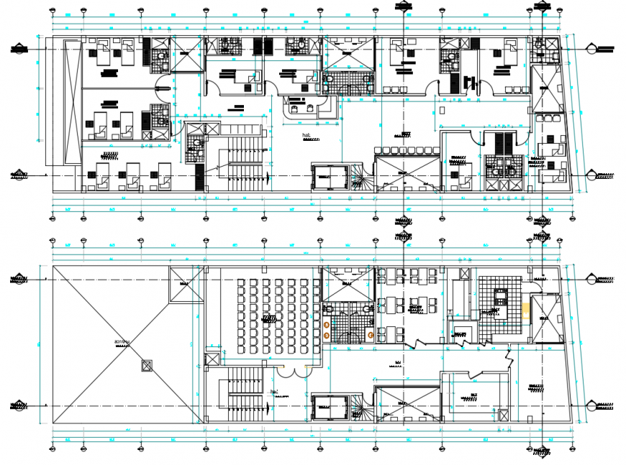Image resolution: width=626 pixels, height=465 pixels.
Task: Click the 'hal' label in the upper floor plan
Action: point(307,134)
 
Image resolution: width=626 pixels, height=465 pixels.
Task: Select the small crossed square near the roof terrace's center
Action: point(147,366)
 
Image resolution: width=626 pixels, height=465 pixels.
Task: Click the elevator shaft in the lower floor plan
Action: point(328,408)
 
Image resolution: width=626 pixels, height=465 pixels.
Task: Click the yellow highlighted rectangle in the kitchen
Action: point(526,310)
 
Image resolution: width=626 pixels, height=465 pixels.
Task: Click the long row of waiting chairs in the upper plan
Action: point(407,149)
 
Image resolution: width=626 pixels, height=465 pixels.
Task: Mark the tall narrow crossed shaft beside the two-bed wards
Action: point(72,102)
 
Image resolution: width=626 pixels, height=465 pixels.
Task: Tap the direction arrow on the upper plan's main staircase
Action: point(269,178)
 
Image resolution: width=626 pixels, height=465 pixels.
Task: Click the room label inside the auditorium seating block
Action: point(271,317)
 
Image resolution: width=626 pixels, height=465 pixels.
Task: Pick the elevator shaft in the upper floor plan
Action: point(328,176)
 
